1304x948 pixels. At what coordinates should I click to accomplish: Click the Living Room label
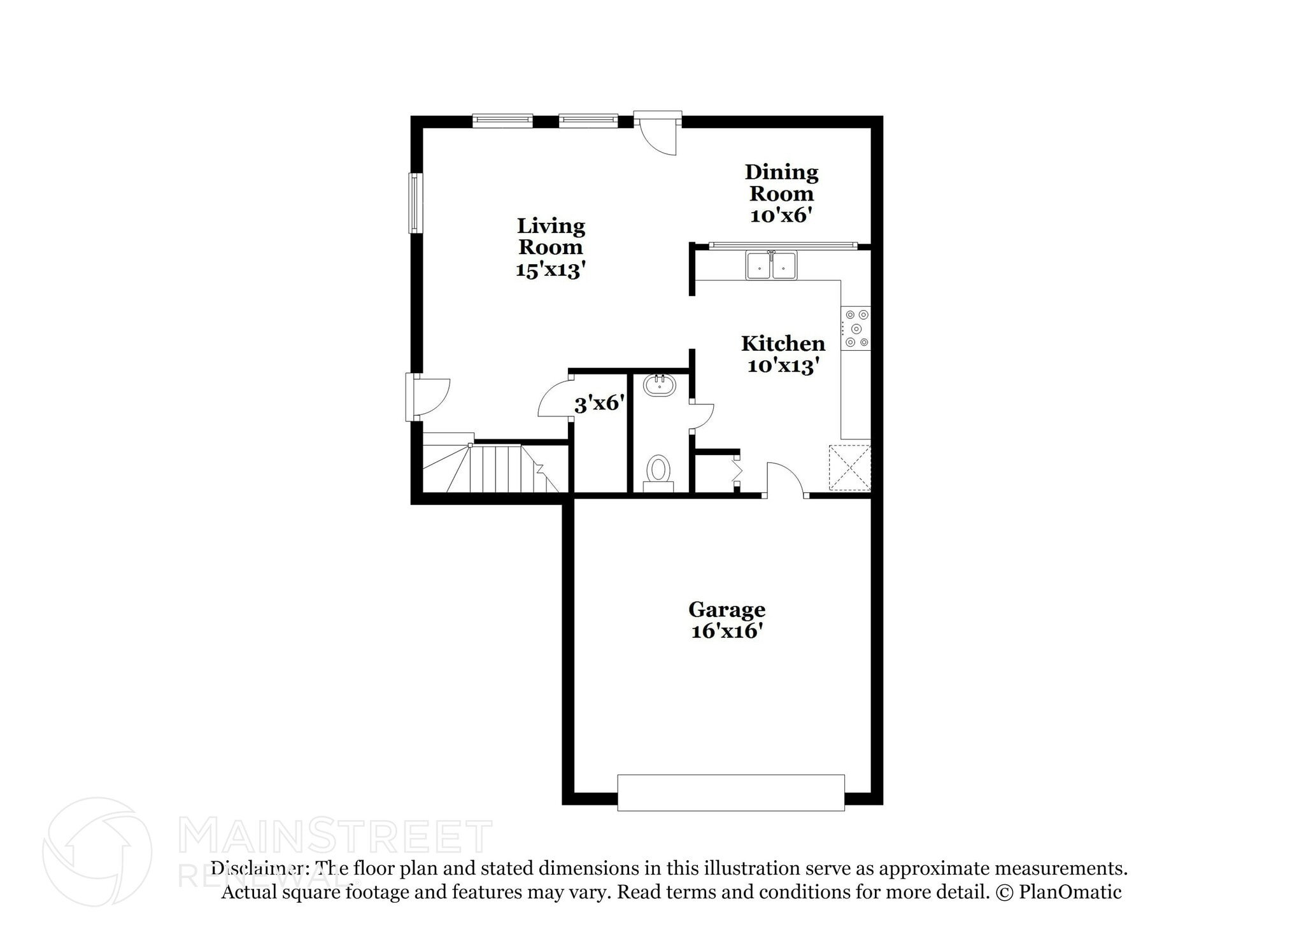pos(550,236)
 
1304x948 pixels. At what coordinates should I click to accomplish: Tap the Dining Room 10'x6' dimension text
pos(781,215)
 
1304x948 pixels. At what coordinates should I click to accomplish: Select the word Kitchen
pos(783,344)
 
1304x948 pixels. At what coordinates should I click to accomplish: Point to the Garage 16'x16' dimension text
pos(726,631)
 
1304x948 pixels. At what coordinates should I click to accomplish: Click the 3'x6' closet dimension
pos(599,403)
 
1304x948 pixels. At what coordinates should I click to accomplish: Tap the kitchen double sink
pos(771,265)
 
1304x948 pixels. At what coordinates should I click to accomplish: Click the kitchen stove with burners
pos(856,329)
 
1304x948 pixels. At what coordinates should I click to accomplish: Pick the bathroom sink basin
pos(660,385)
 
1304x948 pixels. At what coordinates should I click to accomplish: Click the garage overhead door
pos(731,792)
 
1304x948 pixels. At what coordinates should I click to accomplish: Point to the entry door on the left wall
pos(428,397)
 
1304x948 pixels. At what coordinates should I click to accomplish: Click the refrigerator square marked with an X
pos(849,468)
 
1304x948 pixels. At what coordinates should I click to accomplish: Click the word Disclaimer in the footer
pos(257,868)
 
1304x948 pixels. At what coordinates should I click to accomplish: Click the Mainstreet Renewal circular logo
pos(97,852)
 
